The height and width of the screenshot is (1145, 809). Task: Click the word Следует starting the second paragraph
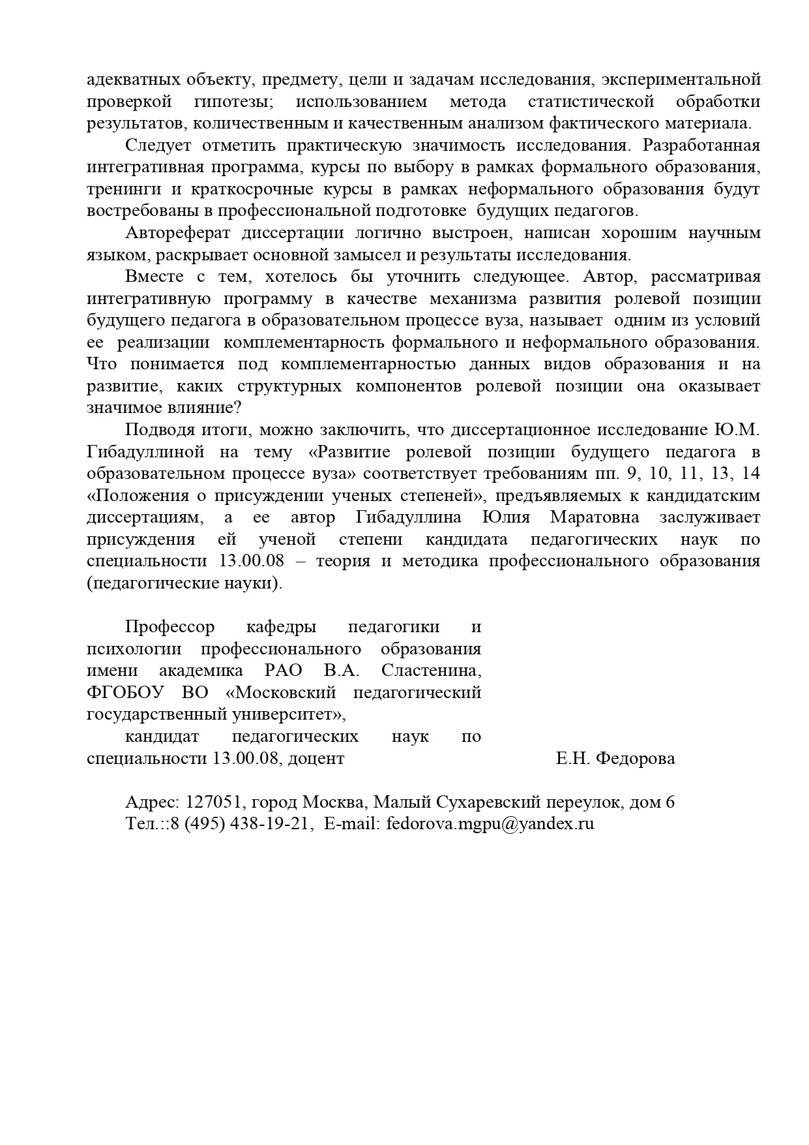point(156,145)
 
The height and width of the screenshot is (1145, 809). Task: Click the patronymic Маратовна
point(594,517)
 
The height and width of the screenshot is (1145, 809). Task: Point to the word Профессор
point(169,627)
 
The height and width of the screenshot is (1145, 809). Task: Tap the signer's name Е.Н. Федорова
point(615,758)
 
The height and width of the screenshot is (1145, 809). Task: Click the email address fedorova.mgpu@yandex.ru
point(490,824)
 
